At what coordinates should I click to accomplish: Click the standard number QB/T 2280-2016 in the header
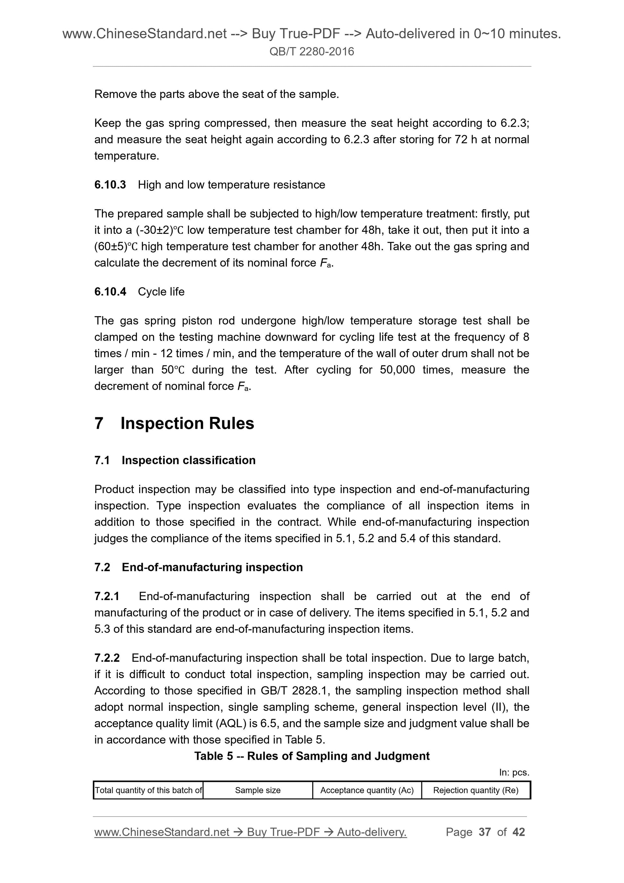click(311, 52)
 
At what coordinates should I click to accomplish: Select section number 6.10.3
click(110, 185)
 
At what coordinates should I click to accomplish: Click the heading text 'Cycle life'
click(161, 292)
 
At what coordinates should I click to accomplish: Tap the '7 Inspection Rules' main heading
click(174, 423)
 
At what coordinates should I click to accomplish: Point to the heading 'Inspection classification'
click(189, 460)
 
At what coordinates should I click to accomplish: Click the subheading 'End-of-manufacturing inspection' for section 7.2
click(212, 567)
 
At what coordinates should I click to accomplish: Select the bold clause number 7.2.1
click(107, 597)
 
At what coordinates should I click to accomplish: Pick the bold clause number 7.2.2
click(107, 658)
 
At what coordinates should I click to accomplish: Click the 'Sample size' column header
click(257, 790)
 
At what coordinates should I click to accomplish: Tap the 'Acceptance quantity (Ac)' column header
click(367, 790)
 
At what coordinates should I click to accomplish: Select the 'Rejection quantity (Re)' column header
click(476, 790)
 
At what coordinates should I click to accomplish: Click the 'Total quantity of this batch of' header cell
click(148, 790)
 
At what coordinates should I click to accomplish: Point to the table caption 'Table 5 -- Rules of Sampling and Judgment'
click(312, 756)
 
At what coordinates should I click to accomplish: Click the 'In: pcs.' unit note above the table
click(514, 772)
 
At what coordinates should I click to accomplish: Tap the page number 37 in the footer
click(485, 832)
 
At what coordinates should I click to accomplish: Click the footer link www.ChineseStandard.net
click(162, 832)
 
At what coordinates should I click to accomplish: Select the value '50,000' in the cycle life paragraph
click(397, 370)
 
